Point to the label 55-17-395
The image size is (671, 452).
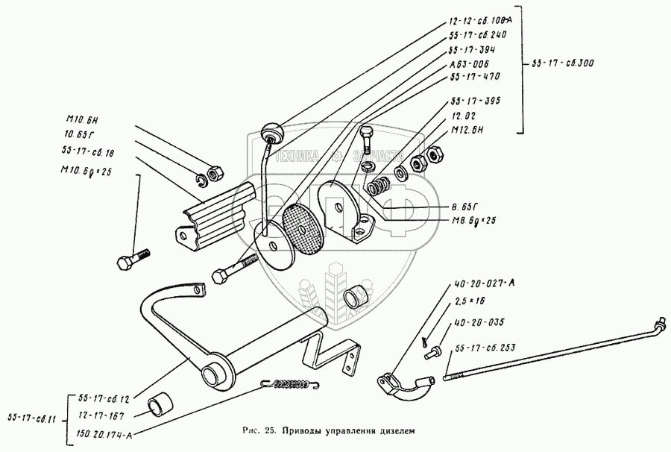tap(474, 100)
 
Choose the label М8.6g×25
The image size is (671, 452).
tap(476, 221)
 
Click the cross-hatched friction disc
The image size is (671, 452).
tap(303, 226)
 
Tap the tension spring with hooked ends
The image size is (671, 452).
tap(290, 384)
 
